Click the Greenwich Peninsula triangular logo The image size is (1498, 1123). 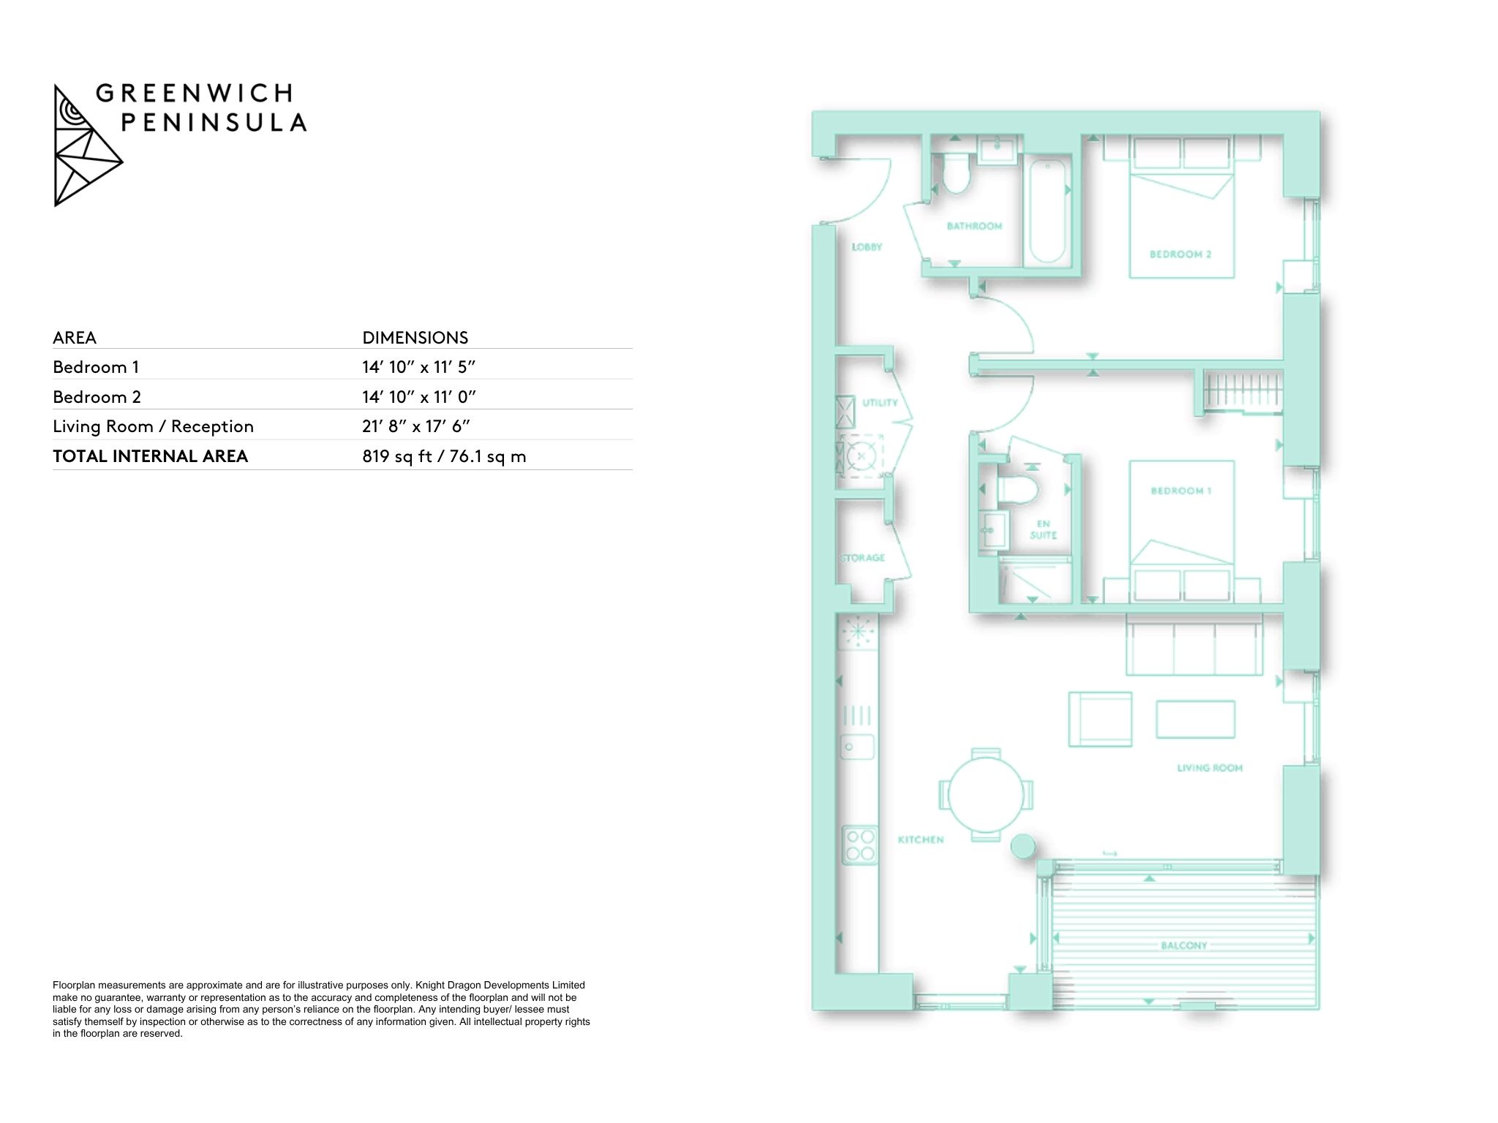88,145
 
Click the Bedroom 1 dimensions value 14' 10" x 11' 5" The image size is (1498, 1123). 419,367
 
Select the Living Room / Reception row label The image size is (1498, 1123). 153,426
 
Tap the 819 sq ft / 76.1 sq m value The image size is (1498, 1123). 444,456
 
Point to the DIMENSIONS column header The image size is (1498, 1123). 415,338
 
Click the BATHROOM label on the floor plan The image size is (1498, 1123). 974,227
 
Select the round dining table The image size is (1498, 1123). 986,793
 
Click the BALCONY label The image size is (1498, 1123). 1184,945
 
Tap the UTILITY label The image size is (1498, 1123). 880,403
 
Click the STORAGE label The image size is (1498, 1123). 863,558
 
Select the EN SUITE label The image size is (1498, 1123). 1043,529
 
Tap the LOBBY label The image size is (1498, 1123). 867,247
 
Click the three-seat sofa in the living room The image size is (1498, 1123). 1194,645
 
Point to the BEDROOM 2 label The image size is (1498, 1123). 1181,254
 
